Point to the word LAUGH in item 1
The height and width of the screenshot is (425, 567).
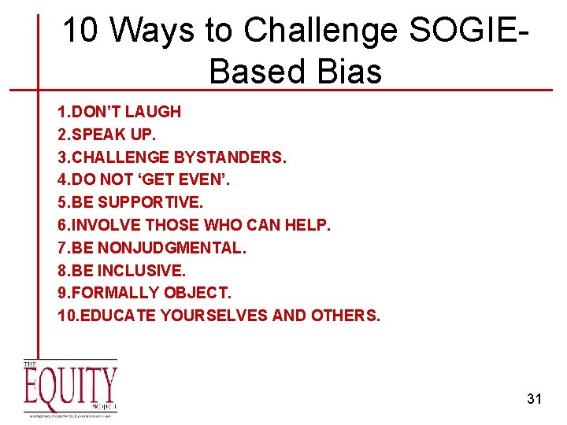(x=154, y=112)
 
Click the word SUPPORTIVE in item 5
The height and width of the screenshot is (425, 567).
(x=151, y=203)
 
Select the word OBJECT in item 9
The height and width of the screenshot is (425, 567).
(x=197, y=294)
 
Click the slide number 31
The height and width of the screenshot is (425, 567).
(x=534, y=399)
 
